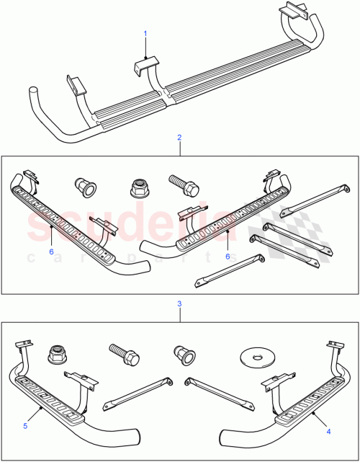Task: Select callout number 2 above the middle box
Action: [179, 136]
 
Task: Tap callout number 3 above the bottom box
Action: [179, 305]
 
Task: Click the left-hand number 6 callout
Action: [51, 252]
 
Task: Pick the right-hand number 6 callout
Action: [228, 256]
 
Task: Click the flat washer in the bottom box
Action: [253, 356]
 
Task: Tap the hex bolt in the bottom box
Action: [123, 355]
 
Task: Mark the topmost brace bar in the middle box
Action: [306, 200]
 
